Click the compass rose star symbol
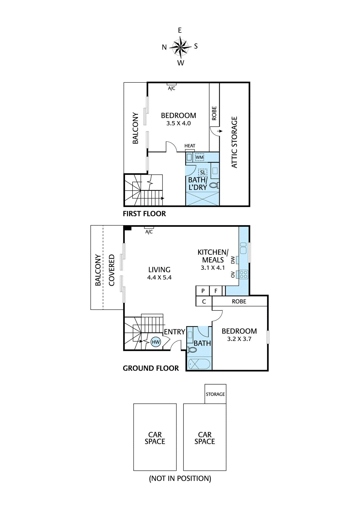click(x=180, y=47)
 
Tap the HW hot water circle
click(x=156, y=342)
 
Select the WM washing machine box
click(x=199, y=157)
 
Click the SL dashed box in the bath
click(x=203, y=172)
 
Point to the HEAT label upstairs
click(x=190, y=146)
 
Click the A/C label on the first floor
click(x=171, y=88)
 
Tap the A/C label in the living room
click(x=149, y=232)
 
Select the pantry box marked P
click(x=203, y=291)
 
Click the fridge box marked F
click(x=216, y=291)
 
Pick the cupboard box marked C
click(x=204, y=301)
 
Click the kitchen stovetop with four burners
click(x=244, y=274)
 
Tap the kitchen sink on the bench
click(x=243, y=248)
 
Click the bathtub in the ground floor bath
click(x=199, y=364)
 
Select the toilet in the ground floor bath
click(x=192, y=350)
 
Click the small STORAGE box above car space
click(x=215, y=394)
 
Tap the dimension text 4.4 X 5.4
click(x=159, y=277)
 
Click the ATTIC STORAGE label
click(x=234, y=142)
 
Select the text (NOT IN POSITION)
click(x=180, y=478)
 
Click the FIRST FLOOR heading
click(x=144, y=213)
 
